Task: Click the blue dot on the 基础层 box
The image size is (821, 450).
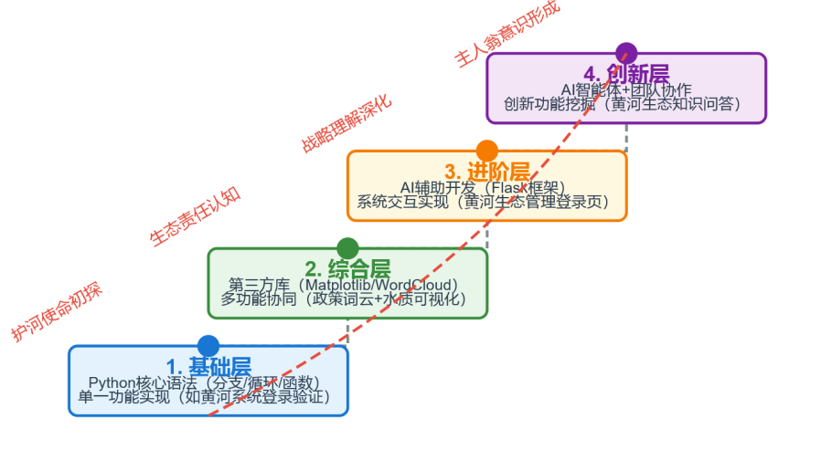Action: [208, 346]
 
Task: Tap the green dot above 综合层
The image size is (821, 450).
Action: [347, 248]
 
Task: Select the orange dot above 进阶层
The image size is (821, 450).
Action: [487, 151]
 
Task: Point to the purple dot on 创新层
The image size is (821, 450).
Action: [626, 53]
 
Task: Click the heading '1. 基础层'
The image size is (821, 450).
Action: [208, 367]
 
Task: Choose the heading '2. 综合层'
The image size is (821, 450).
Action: [347, 269]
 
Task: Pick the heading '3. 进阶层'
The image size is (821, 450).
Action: [487, 172]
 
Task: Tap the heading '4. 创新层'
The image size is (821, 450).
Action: [626, 73]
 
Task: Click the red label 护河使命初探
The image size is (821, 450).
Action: [57, 312]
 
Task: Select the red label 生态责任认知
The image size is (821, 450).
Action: [196, 216]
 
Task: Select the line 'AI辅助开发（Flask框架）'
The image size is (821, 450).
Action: [484, 187]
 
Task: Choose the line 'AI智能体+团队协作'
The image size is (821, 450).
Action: [626, 89]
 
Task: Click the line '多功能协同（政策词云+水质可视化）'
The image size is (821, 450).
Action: [344, 298]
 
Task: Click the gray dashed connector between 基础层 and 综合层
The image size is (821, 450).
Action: [347, 331]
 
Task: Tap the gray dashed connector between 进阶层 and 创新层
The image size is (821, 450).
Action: [626, 137]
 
